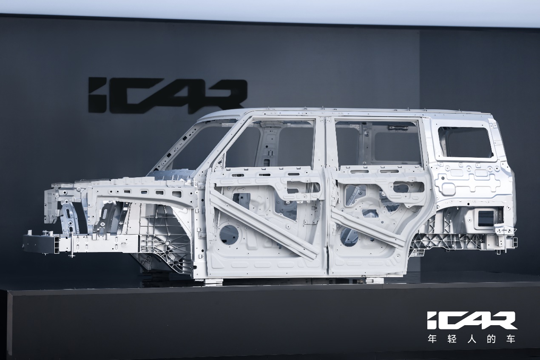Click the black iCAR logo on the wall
click(x=167, y=96)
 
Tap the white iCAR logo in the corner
click(x=472, y=320)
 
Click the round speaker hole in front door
click(x=229, y=234)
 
